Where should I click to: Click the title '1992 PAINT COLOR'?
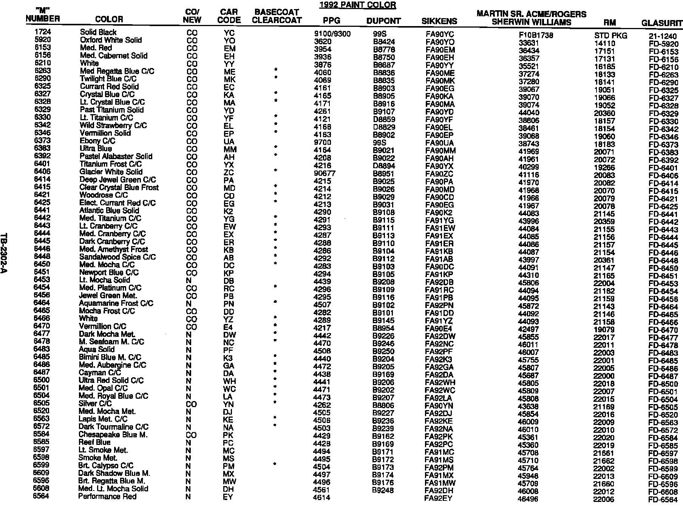pos(357,5)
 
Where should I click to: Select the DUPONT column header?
pos(383,21)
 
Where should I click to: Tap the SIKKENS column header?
pos(439,22)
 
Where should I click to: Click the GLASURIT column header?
pos(662,23)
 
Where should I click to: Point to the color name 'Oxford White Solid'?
pos(111,40)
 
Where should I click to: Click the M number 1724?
pos(42,32)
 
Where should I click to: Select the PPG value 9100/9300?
pos(332,34)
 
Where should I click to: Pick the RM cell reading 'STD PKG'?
pos(610,36)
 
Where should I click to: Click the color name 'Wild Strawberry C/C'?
pos(113,125)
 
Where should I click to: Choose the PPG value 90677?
pos(325,173)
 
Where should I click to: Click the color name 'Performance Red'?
pos(107,496)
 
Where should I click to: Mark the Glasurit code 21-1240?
pos(663,36)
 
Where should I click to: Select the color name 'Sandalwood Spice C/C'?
pos(117,257)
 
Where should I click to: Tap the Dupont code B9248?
pos(383,490)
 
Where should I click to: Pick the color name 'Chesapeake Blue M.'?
pos(113,435)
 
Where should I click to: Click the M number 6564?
pos(41,496)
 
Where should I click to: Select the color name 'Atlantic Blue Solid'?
pos(109,211)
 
